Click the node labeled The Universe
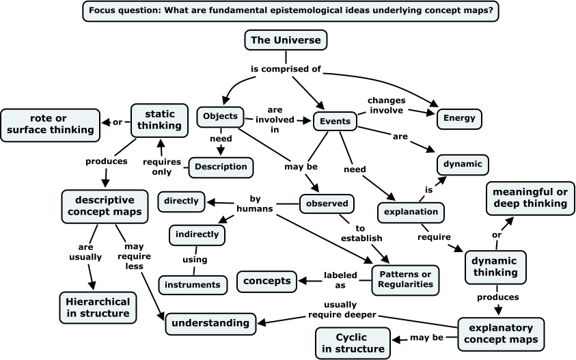pyautogui.click(x=286, y=40)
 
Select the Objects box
pyautogui.click(x=220, y=117)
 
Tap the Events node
pyautogui.click(x=335, y=122)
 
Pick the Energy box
pyautogui.click(x=459, y=118)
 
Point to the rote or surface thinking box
pyautogui.click(x=47, y=122)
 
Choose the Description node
pyautogui.click(x=221, y=167)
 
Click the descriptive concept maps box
pyautogui.click(x=105, y=206)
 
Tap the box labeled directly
pyautogui.click(x=181, y=201)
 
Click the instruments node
pyautogui.click(x=192, y=283)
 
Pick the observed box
pyautogui.click(x=327, y=204)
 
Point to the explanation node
pyautogui.click(x=411, y=212)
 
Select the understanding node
pyautogui.click(x=210, y=322)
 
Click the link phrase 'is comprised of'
pyautogui.click(x=285, y=68)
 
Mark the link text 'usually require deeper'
pyautogui.click(x=340, y=309)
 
